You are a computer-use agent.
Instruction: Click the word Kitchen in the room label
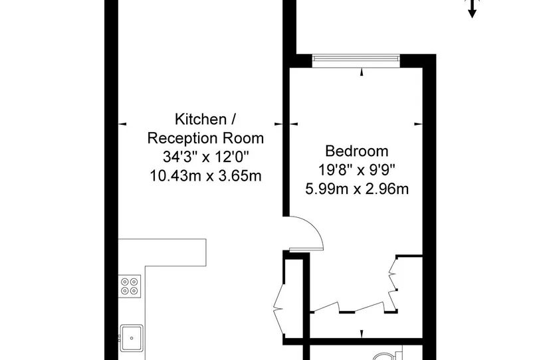coord(201,120)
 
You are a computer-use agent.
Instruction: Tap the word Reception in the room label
coord(183,138)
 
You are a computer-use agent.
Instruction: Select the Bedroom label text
coord(357,151)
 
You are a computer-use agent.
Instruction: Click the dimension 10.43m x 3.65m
coord(205,176)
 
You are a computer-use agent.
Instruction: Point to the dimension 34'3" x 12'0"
coord(206,157)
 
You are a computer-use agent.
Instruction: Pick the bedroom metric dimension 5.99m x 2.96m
coord(357,189)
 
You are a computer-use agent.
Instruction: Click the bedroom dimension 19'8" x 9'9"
coord(357,170)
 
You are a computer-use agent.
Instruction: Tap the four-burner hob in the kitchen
coord(130,286)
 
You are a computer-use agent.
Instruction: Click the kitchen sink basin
coord(132,338)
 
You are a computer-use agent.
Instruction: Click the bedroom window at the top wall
coord(356,61)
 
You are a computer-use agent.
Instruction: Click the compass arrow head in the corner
coord(472,14)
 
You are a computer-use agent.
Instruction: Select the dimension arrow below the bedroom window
coord(362,72)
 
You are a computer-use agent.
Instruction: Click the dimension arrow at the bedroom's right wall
coord(418,124)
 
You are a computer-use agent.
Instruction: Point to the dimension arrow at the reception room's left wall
coord(122,124)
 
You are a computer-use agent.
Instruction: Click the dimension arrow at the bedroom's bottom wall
coord(362,334)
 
